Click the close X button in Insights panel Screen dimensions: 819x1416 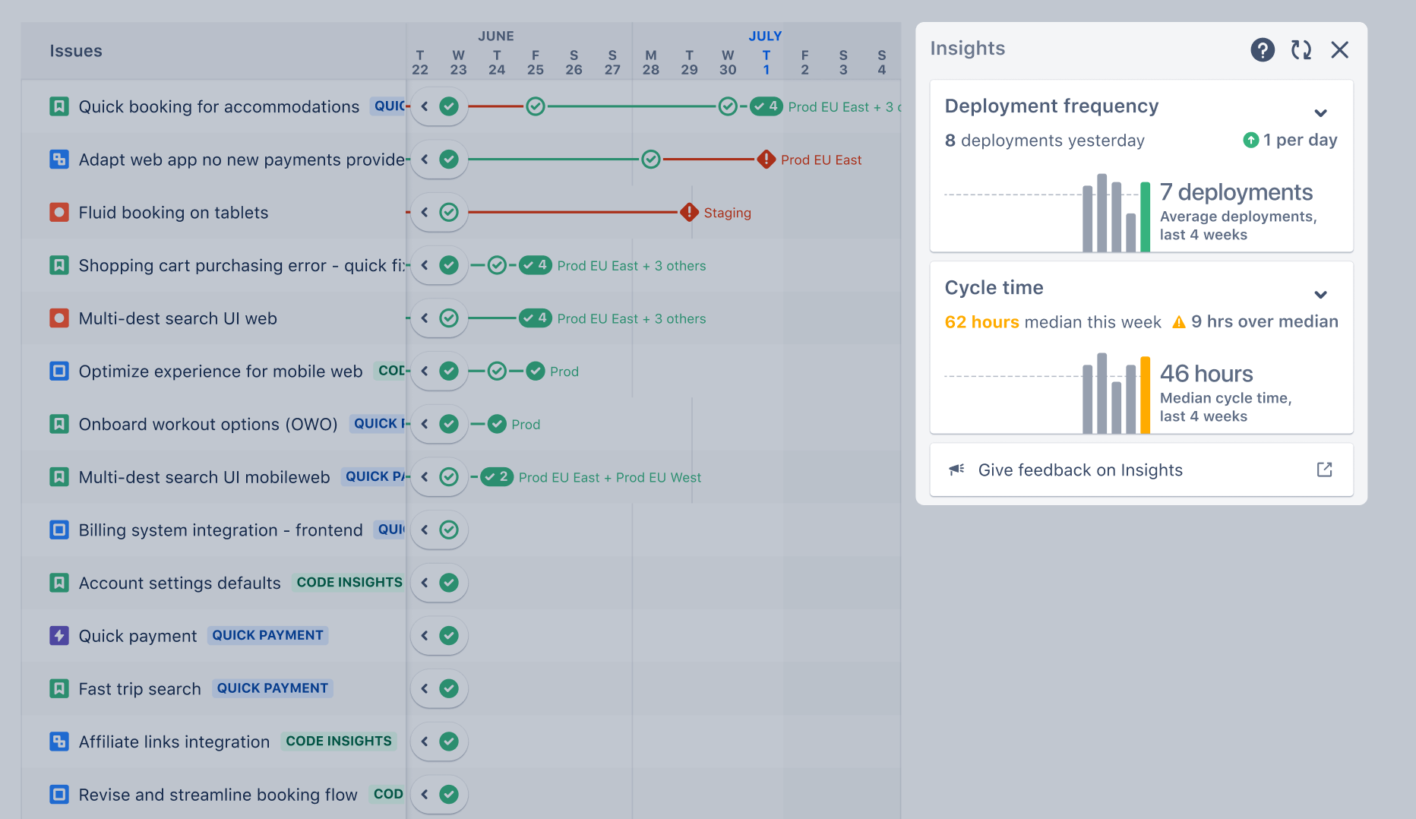coord(1339,50)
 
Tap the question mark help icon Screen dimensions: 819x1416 coord(1262,50)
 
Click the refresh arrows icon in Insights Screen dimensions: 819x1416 coord(1301,50)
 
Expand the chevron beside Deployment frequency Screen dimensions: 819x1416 coord(1320,113)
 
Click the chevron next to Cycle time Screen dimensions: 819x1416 coord(1320,295)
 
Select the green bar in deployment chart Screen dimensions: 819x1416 coord(1145,217)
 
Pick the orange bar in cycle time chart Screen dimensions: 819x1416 coord(1145,395)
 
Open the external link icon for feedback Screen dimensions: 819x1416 coord(1324,470)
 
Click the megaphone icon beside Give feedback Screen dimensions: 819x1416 coord(956,470)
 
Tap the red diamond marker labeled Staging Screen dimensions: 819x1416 coord(689,213)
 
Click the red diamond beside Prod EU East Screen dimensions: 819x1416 coord(766,160)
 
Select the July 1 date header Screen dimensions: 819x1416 coord(766,62)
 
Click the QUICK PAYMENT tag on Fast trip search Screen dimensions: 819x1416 coord(272,688)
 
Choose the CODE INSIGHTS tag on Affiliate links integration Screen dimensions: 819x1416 coord(339,742)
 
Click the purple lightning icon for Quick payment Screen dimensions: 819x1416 coord(59,636)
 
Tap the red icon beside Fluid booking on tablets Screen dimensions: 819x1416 coord(59,213)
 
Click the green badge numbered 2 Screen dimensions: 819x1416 coord(497,477)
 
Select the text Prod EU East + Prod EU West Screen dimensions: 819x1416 coord(609,478)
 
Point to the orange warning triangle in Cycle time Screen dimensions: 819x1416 coord(1179,322)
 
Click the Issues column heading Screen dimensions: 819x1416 coord(76,51)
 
